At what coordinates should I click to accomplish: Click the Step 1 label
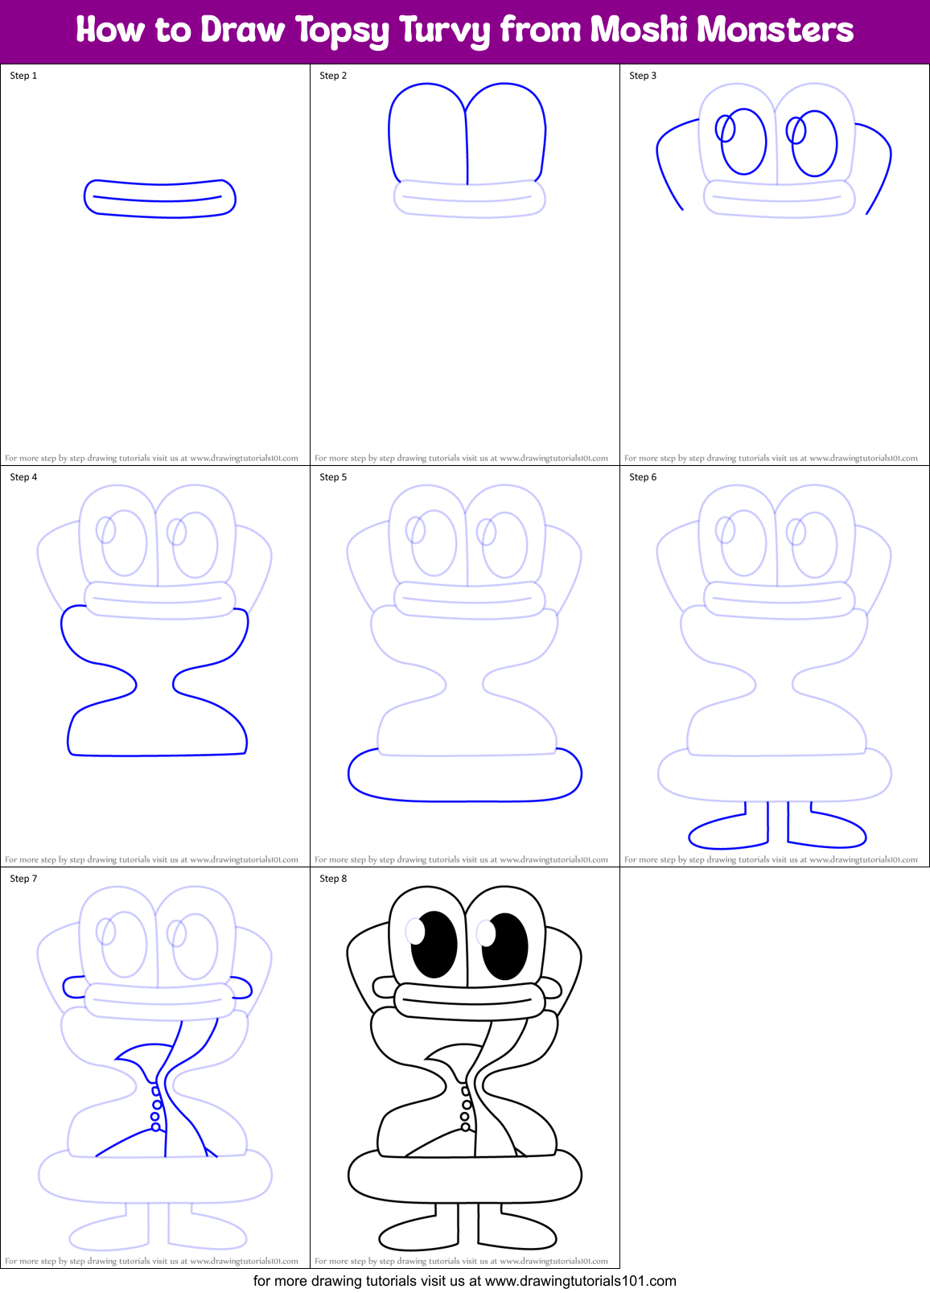point(23,76)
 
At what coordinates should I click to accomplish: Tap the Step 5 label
point(333,477)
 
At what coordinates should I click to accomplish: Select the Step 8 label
point(333,879)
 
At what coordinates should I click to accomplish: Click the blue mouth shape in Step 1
point(159,198)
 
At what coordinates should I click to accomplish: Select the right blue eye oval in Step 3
point(815,143)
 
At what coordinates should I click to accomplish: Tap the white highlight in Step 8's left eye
point(415,931)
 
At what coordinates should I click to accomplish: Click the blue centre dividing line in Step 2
point(467,145)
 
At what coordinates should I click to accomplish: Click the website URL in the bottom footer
point(580,1281)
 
